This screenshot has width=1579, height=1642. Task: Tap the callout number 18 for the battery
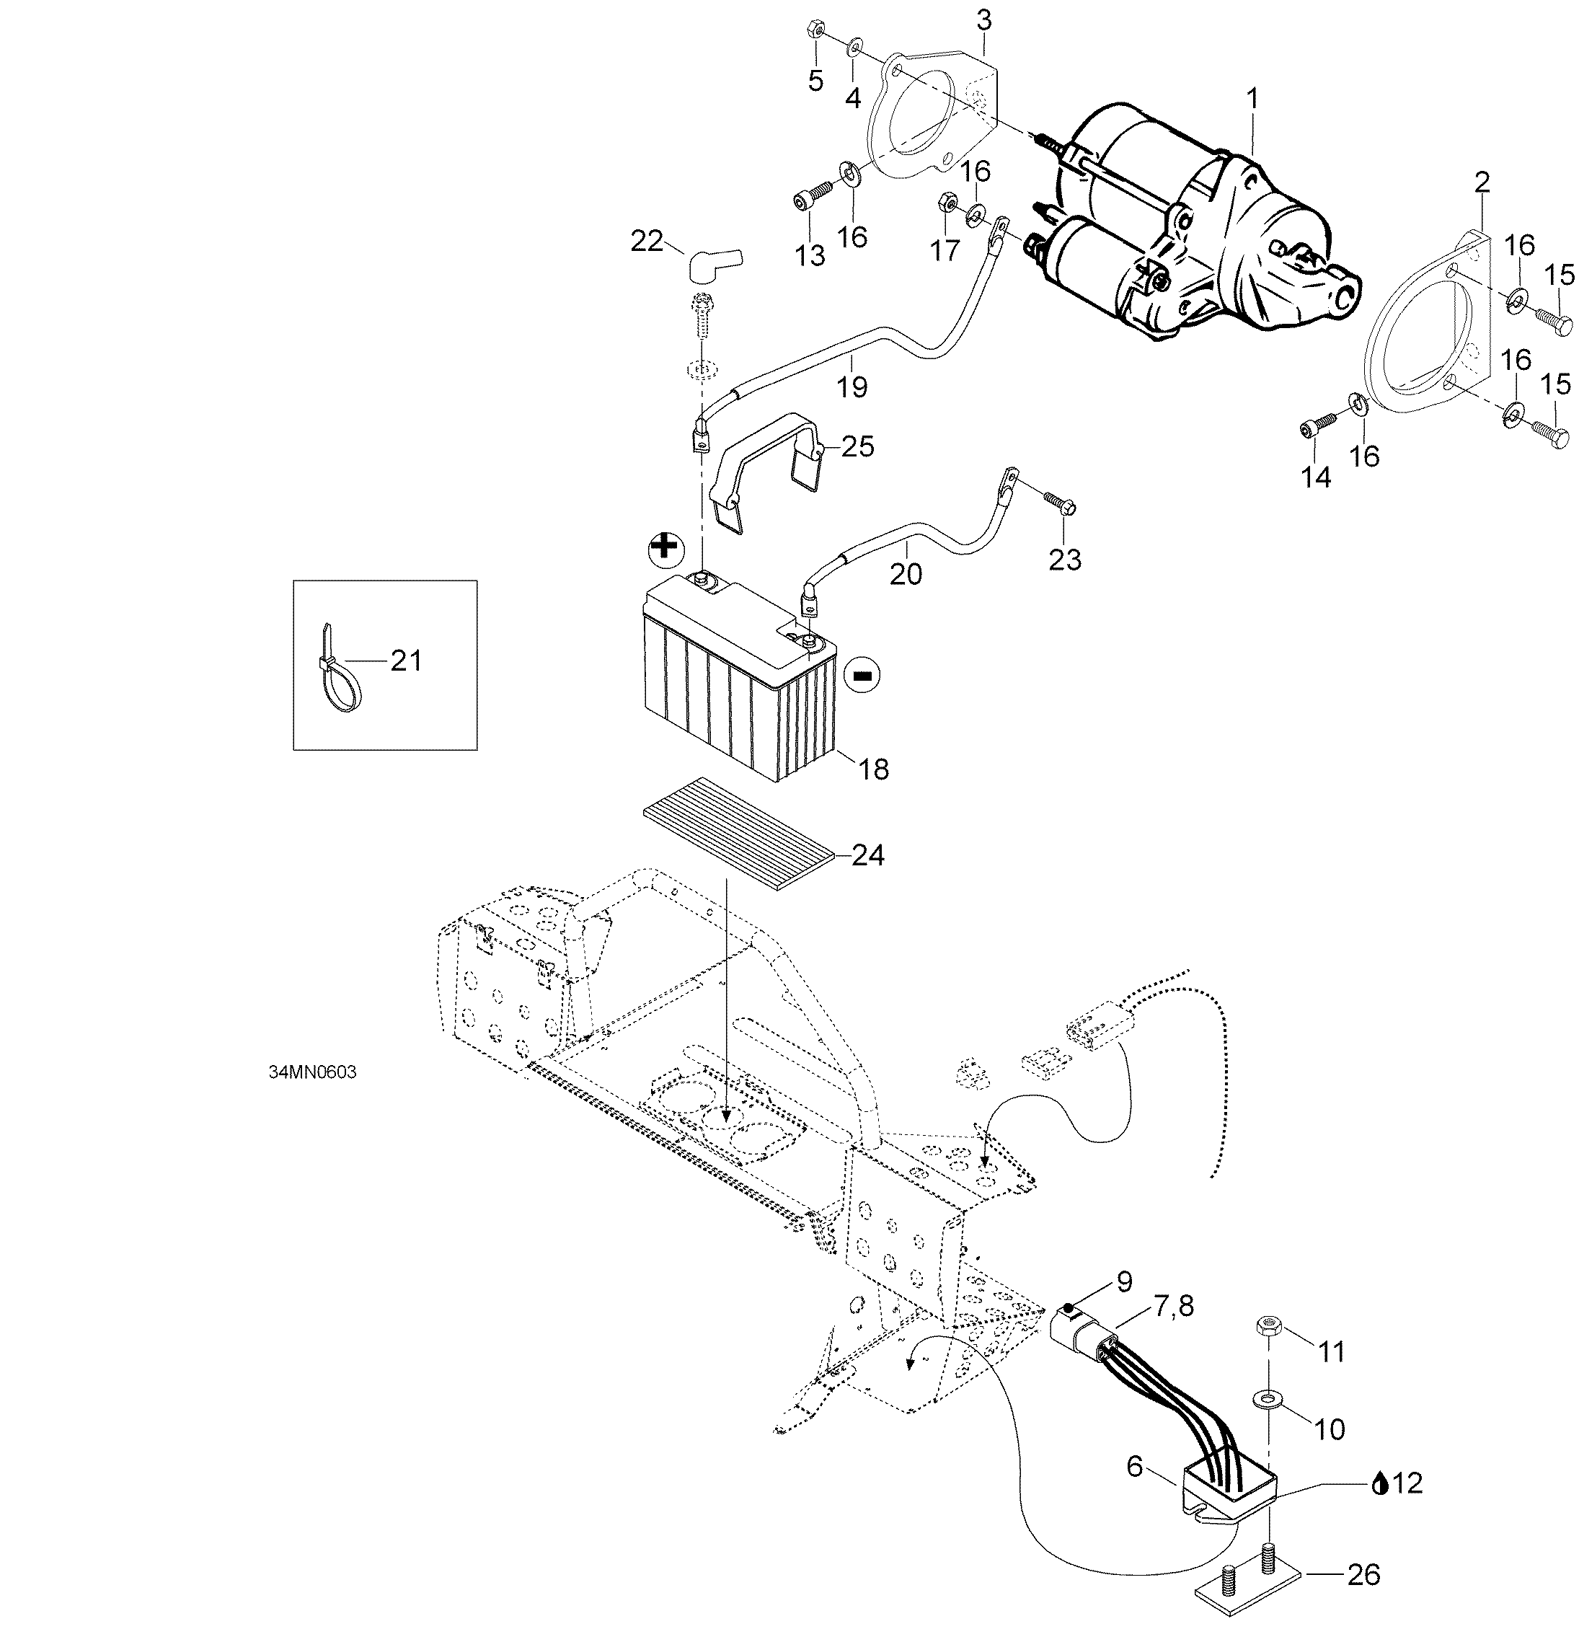[873, 769]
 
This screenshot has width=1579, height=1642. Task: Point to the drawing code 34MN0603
[312, 1073]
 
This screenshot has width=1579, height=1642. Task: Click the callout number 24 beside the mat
[868, 855]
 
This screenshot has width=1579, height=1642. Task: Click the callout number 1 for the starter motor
[1253, 100]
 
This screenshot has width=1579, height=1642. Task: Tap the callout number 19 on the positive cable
[851, 387]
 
